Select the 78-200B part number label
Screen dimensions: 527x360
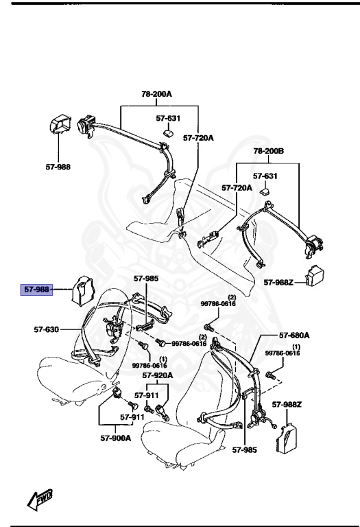coord(269,150)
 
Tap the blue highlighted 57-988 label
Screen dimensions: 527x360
coord(37,290)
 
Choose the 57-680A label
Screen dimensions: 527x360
coord(294,336)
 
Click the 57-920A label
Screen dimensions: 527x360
coord(158,375)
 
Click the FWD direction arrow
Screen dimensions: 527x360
coord(40,499)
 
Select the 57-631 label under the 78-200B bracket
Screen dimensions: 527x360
coord(267,176)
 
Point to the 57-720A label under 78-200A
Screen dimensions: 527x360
coord(198,138)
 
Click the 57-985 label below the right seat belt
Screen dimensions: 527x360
coord(243,450)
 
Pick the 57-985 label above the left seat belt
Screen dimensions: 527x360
coord(145,279)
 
